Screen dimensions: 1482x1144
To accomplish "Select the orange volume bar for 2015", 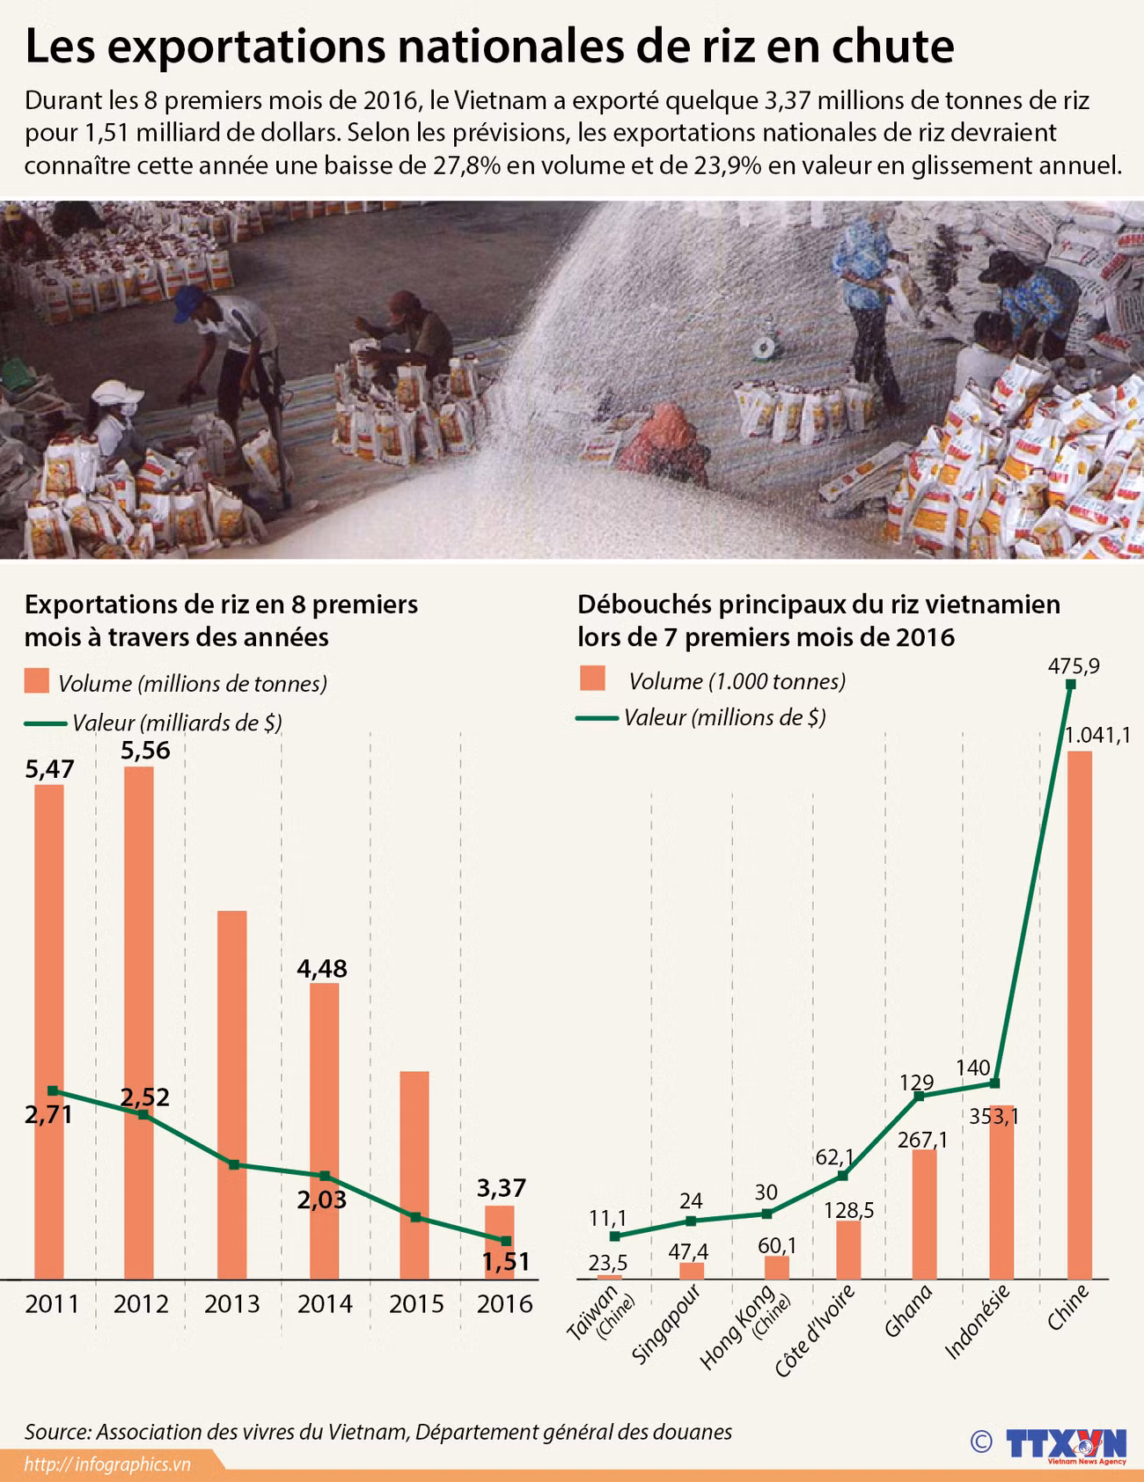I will [x=414, y=1174].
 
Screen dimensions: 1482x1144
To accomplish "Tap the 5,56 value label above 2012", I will [x=146, y=751].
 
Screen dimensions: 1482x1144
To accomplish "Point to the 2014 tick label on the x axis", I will [x=324, y=1303].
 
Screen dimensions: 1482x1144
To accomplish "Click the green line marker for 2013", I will [x=234, y=1164].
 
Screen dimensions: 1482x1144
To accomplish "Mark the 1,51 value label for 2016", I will [x=506, y=1261].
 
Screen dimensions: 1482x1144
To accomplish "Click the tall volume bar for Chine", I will [x=1079, y=1012].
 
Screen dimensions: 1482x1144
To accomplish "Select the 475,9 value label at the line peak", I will [x=1073, y=666].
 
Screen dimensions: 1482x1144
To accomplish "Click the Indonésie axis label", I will [x=977, y=1321].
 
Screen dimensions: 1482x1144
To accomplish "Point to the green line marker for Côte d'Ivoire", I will [x=843, y=1176].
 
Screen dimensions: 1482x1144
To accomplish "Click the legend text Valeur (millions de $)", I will [x=724, y=718].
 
